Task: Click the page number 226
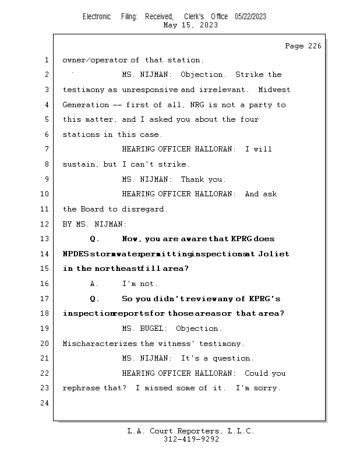[315, 46]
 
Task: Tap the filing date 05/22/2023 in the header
[250, 17]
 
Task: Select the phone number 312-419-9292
[191, 439]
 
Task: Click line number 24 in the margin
[44, 403]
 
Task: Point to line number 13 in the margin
[44, 239]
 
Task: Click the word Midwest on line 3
[274, 90]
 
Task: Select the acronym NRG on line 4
[197, 105]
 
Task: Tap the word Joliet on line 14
[273, 254]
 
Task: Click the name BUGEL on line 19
[151, 329]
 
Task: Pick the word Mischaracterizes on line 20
[100, 344]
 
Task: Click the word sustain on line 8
[79, 164]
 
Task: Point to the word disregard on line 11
[143, 209]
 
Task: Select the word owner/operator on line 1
[95, 60]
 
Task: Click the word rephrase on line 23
[81, 388]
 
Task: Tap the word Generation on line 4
[86, 105]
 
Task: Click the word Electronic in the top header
[97, 17]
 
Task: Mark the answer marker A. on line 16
[94, 284]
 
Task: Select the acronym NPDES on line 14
[76, 254]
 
